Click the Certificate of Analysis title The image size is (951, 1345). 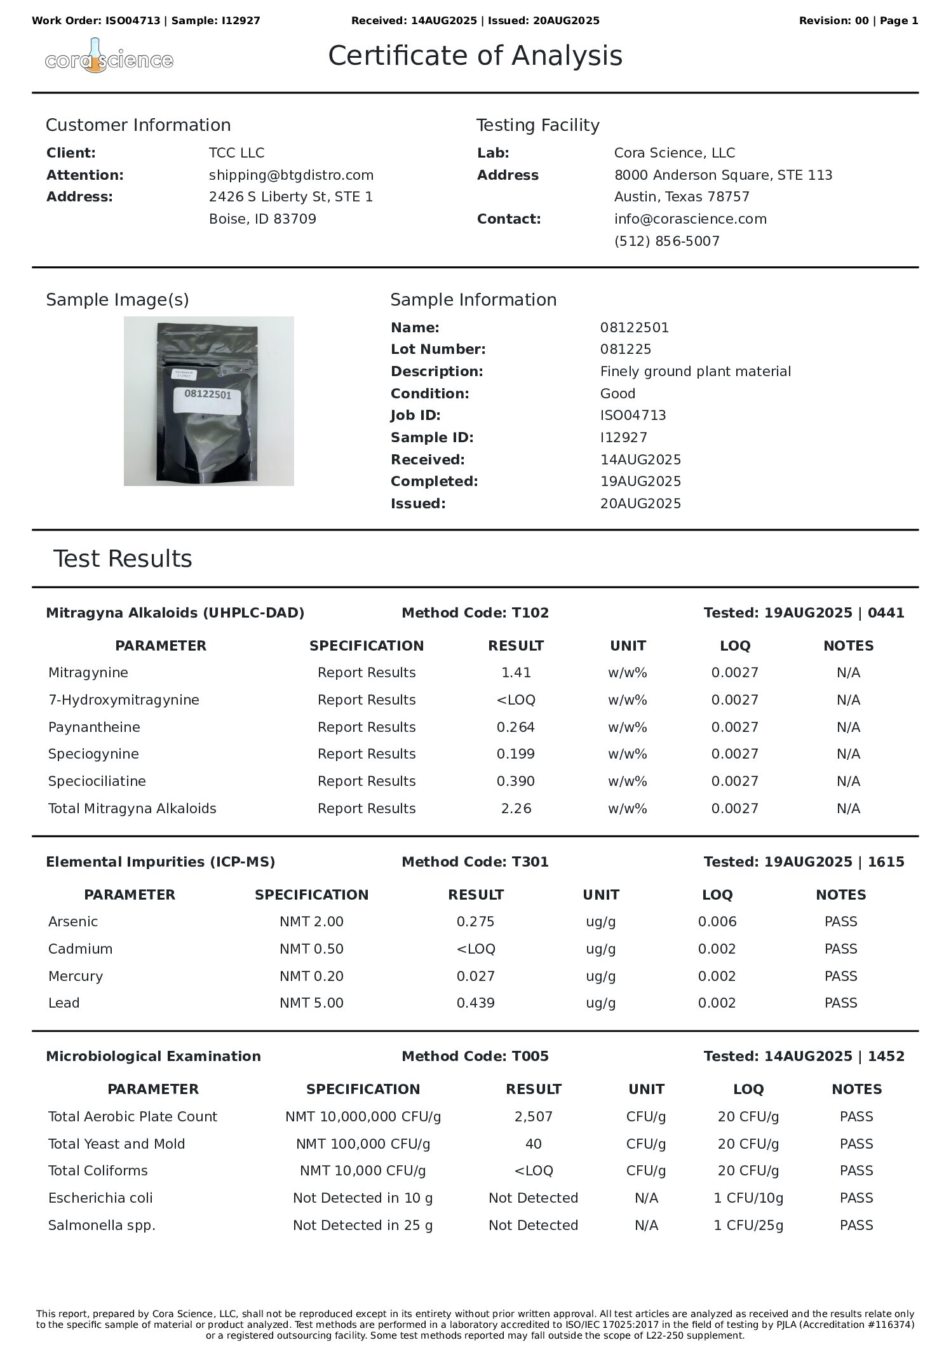tap(475, 56)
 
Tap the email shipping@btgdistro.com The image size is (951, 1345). tap(291, 175)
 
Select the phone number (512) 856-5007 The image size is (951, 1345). tap(666, 241)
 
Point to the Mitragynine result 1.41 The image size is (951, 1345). tap(515, 672)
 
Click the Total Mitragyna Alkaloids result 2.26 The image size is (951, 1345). tap(515, 808)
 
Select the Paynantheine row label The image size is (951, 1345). tap(94, 727)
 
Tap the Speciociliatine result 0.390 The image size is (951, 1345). tap(515, 781)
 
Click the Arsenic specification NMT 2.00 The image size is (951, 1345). tap(311, 921)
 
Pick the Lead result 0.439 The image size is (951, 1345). tap(475, 1003)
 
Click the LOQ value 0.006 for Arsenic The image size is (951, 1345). tap(717, 921)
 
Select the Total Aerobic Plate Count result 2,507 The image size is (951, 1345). tap(533, 1116)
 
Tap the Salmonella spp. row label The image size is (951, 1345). tap(102, 1225)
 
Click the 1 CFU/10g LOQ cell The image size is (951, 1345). tap(748, 1198)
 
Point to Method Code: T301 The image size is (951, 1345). tap(475, 862)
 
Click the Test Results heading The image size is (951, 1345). tap(122, 558)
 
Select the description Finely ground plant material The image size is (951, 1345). tap(695, 371)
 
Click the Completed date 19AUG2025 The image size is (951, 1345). tap(640, 481)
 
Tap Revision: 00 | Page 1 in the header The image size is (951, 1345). tap(858, 20)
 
